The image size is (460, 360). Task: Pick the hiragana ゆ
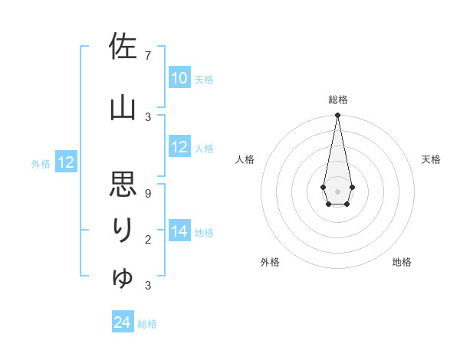click(x=123, y=277)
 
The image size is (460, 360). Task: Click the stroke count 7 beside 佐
click(x=148, y=56)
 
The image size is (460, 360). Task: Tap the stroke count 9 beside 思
click(x=148, y=193)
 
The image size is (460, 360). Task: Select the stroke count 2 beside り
click(x=148, y=241)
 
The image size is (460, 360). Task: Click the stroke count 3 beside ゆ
click(x=148, y=286)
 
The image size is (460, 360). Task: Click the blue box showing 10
click(x=179, y=78)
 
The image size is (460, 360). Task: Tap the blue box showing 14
click(x=179, y=231)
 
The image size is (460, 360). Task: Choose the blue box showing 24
click(x=123, y=323)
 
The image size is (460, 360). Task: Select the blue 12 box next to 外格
click(x=66, y=162)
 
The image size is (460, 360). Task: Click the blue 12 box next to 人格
click(x=179, y=147)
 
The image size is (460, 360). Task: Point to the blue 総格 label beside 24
click(x=148, y=324)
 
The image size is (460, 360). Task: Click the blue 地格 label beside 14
click(x=204, y=232)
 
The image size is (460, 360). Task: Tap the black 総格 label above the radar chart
click(x=337, y=100)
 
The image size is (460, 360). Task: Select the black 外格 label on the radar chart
click(x=270, y=263)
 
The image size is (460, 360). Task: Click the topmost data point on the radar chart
click(x=337, y=116)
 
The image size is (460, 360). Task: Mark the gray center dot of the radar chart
click(x=337, y=190)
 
